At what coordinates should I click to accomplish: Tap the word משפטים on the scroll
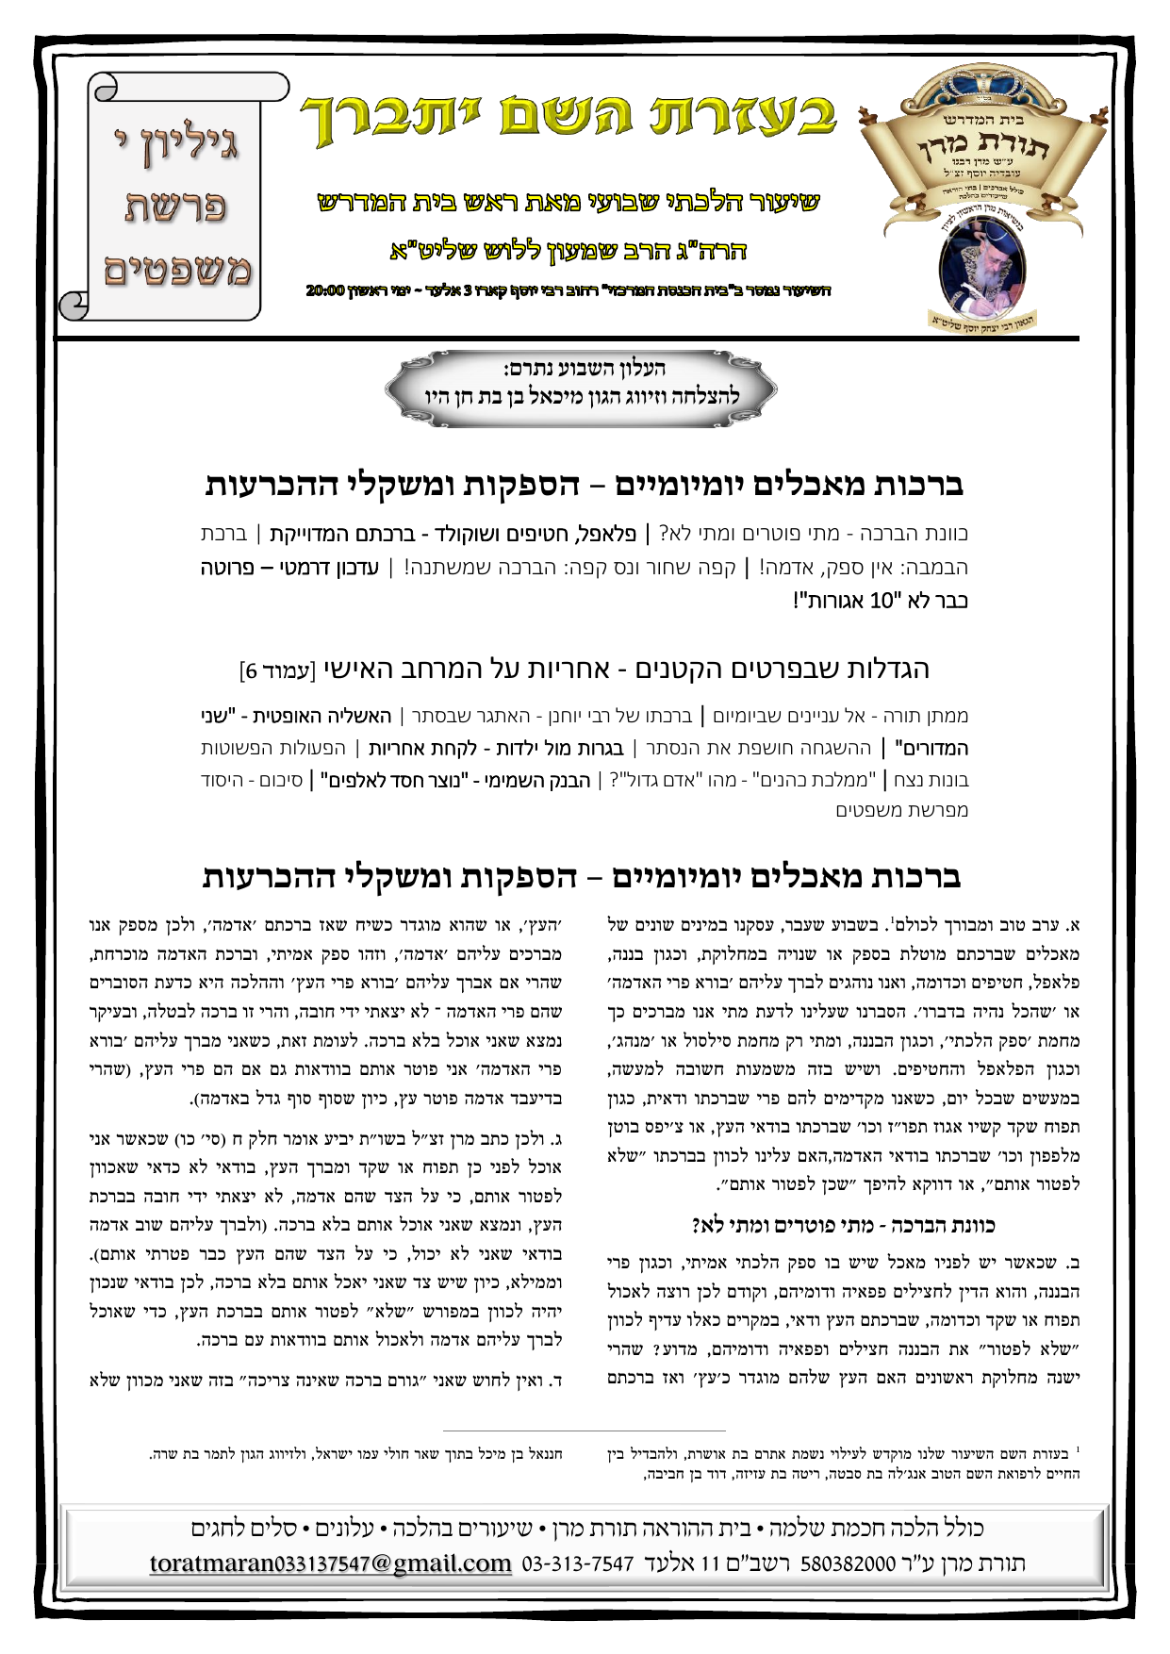(x=176, y=271)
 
